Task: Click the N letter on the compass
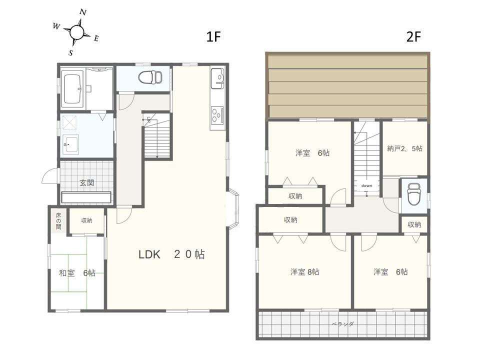[x=82, y=12]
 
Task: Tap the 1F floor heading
[x=213, y=36]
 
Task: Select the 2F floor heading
[x=413, y=36]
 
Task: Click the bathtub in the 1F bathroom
[x=72, y=89]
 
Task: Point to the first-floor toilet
[x=150, y=77]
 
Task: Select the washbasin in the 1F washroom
[x=70, y=144]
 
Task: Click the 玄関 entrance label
[x=86, y=183]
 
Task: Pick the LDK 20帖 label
[x=171, y=254]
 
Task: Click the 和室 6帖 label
[x=77, y=273]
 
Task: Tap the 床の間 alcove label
[x=58, y=220]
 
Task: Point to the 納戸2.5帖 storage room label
[x=404, y=148]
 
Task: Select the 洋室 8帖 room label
[x=304, y=272]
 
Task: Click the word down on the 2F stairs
[x=366, y=185]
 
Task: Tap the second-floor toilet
[x=414, y=195]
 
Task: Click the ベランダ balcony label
[x=342, y=324]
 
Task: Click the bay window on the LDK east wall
[x=233, y=209]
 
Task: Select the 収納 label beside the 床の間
[x=86, y=220]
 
